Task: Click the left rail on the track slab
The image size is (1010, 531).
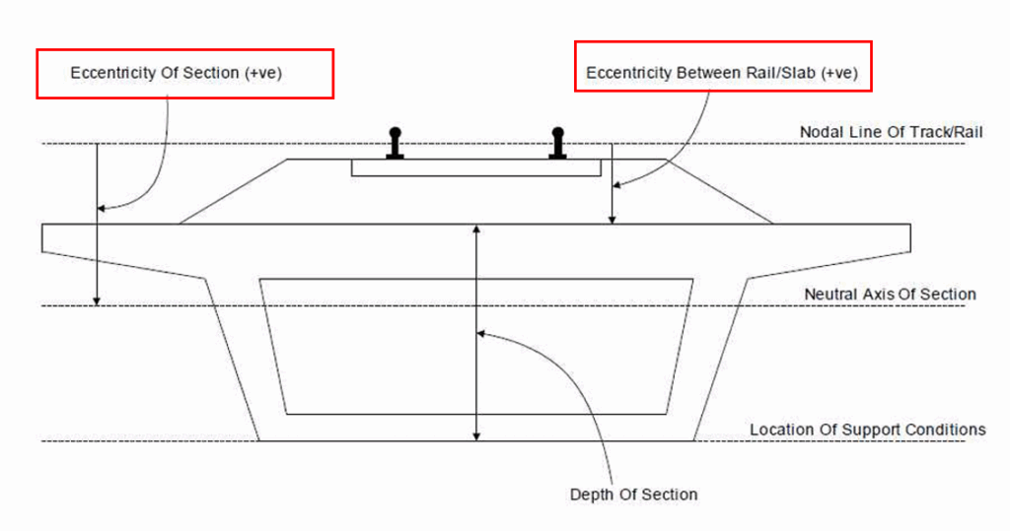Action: coord(396,143)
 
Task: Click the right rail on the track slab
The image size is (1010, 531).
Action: coord(557,143)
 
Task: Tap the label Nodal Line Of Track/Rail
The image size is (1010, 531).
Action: coord(892,131)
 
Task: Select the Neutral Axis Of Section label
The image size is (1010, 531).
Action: coord(890,294)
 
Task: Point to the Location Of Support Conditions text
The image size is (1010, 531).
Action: coord(867,430)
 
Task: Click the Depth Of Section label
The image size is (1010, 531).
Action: coord(633,494)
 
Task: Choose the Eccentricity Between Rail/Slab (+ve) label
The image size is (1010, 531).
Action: coord(721,73)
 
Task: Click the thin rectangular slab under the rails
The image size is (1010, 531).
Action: coord(476,167)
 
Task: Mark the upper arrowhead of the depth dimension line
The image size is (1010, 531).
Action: coord(477,230)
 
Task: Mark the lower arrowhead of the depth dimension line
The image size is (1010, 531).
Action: coord(477,434)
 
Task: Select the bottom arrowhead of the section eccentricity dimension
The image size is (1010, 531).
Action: coord(97,299)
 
